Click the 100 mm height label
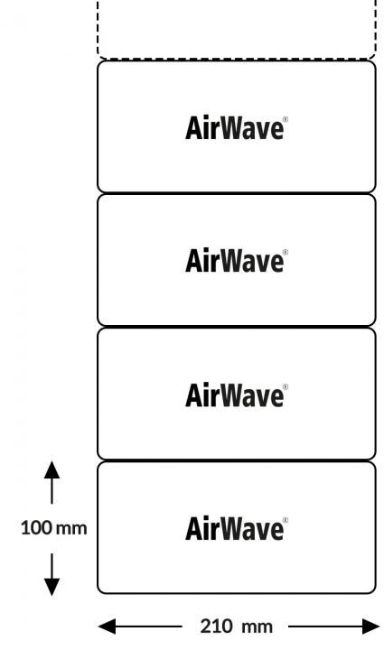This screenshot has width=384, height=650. tap(54, 528)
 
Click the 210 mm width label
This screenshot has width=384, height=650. tap(237, 627)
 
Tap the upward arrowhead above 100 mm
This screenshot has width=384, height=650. tap(52, 470)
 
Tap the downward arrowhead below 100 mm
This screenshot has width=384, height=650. tap(52, 587)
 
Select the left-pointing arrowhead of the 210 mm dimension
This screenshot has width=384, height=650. tap(107, 627)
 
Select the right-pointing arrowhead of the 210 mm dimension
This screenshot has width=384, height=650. tap(370, 627)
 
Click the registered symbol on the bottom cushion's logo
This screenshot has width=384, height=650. tap(286, 520)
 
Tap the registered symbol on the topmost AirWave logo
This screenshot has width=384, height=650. tap(286, 119)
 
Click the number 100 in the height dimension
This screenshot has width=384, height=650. tap(36, 528)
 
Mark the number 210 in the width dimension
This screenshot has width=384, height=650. tap(216, 627)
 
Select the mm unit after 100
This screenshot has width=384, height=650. tap(71, 529)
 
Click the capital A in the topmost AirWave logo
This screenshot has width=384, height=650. tap(194, 127)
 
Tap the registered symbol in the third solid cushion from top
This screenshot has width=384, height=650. tap(286, 386)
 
